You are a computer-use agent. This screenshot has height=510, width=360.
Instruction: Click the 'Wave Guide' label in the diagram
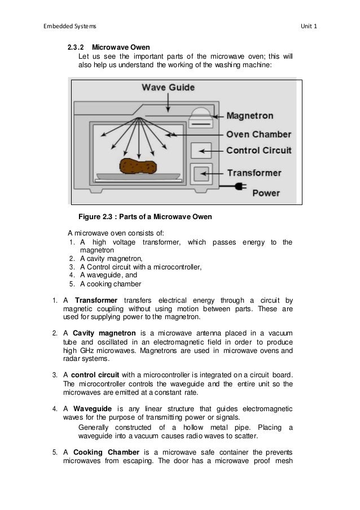(x=168, y=88)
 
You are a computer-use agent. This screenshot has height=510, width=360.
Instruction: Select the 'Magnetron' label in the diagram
(x=250, y=116)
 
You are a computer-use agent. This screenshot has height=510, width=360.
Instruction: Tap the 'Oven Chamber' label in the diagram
(x=258, y=134)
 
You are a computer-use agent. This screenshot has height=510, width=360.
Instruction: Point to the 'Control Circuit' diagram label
(x=258, y=150)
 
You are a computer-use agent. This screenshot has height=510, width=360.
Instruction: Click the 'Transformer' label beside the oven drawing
(x=254, y=173)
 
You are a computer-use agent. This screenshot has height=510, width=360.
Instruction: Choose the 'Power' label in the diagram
(x=265, y=193)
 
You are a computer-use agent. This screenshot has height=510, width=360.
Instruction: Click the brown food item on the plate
(x=138, y=167)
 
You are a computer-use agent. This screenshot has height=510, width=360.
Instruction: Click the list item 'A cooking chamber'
(x=110, y=284)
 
